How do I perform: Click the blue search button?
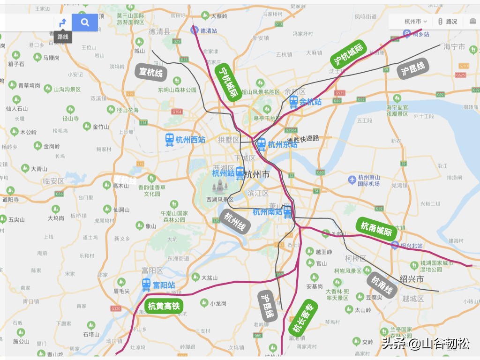click(x=84, y=22)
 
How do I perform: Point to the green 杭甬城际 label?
click(x=376, y=229)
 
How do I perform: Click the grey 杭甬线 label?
click(x=382, y=285)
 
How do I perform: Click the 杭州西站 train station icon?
click(x=170, y=139)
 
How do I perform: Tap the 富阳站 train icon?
click(x=147, y=284)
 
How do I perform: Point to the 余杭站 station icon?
click(x=294, y=101)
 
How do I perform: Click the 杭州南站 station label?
click(x=267, y=212)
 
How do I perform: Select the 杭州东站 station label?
click(x=282, y=144)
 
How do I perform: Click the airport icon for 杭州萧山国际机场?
click(x=352, y=180)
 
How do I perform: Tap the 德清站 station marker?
click(x=194, y=30)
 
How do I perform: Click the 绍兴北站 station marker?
click(x=395, y=245)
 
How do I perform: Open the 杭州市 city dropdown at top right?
click(x=415, y=22)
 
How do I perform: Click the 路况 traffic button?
click(x=447, y=22)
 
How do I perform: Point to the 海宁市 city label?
click(x=454, y=47)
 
